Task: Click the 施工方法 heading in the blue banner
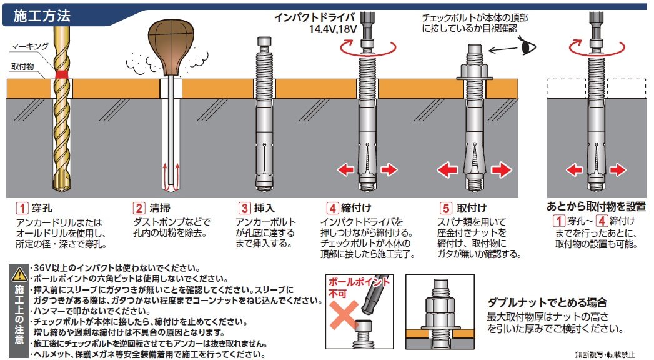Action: click(42, 16)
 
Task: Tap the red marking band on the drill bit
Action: click(62, 74)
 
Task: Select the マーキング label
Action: click(29, 46)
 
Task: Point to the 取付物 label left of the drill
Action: click(22, 66)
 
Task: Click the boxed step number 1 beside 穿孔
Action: click(22, 207)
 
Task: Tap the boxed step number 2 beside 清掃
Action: click(139, 207)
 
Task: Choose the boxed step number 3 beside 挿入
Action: click(244, 207)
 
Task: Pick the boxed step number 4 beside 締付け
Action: click(332, 207)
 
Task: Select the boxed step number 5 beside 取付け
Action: click(445, 207)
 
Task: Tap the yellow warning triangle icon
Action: click(19, 274)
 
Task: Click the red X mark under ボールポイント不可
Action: click(344, 316)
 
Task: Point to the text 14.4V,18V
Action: click(333, 29)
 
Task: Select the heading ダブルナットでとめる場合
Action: click(547, 302)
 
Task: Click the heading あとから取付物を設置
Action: click(596, 206)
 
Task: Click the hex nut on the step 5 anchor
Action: click(475, 70)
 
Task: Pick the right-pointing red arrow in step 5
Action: click(501, 170)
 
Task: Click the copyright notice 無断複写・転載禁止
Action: click(605, 355)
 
